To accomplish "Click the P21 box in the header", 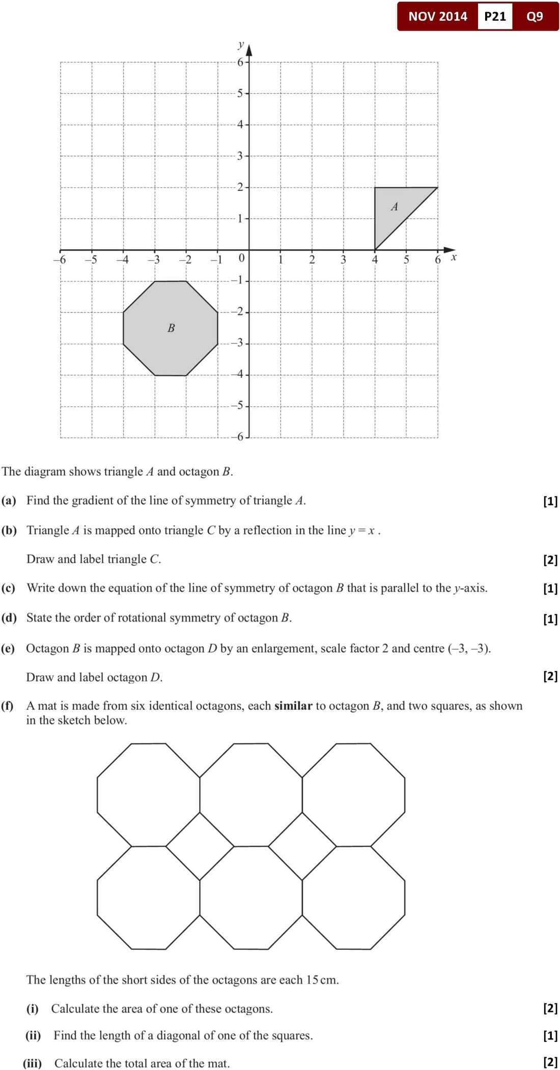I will click(495, 16).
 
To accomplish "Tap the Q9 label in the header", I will click(535, 16).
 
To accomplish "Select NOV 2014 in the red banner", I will click(437, 16).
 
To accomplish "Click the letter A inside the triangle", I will click(394, 207).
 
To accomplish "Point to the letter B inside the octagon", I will click(171, 328).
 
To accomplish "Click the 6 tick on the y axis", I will click(240, 62).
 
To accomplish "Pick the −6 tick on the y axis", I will click(238, 437).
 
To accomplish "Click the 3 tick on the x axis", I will click(343, 259).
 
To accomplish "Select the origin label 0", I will click(242, 258).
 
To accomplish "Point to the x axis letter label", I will click(454, 257).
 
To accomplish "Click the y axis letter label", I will click(241, 45).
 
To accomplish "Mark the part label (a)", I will click(9, 501).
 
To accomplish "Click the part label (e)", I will click(8, 649).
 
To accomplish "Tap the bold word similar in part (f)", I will click(293, 706).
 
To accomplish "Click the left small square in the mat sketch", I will click(200, 846).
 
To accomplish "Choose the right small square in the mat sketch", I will click(302, 846).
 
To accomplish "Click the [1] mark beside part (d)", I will click(550, 619).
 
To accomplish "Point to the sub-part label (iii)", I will click(32, 1063).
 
